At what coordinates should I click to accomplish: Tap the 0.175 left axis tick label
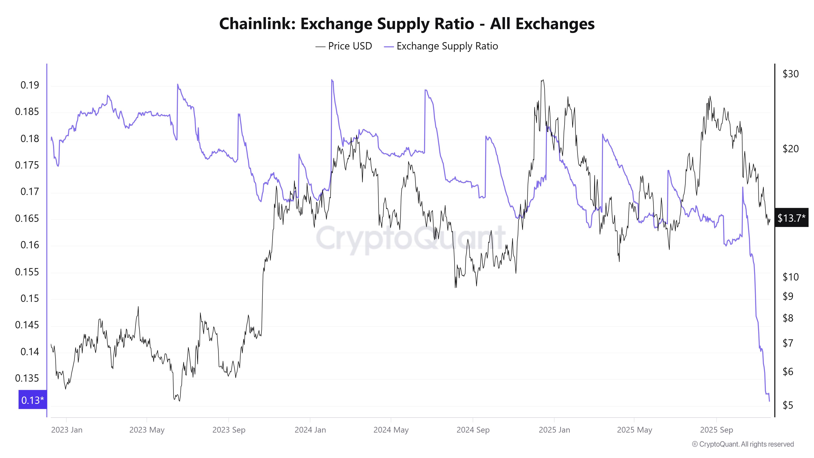[x=27, y=165]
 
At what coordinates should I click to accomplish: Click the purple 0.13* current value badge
[x=33, y=400]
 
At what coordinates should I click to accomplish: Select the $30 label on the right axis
[x=790, y=74]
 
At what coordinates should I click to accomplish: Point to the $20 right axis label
[x=790, y=149]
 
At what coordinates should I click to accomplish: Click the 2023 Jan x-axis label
[x=67, y=430]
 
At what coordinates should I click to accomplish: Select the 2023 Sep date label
[x=229, y=430]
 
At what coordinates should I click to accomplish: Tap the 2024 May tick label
[x=391, y=430]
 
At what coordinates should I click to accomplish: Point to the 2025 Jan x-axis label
[x=554, y=430]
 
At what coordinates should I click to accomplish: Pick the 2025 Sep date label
[x=716, y=430]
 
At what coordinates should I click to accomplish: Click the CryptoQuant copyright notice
[x=743, y=444]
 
